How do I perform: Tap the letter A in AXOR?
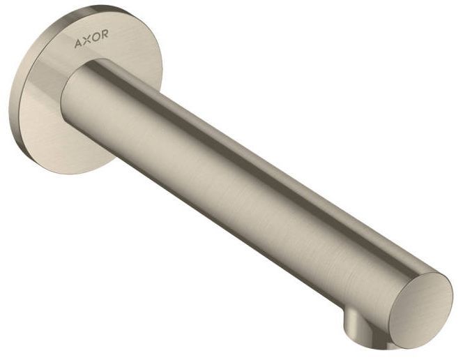[x=79, y=44]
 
